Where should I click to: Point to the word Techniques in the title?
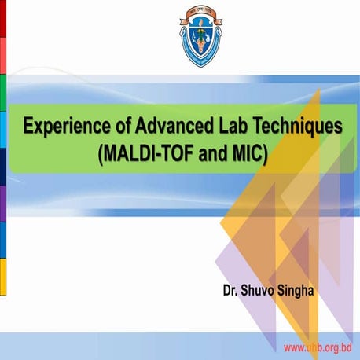299,125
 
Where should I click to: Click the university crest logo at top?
180,35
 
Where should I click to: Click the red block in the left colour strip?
3,18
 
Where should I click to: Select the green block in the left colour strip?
3,93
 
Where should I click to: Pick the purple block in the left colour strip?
3,203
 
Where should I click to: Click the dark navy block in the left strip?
3,166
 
